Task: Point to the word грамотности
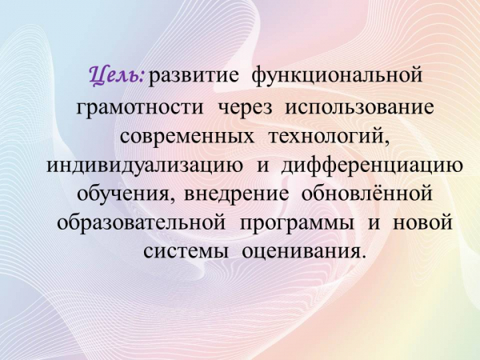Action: (x=139, y=108)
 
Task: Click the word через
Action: (x=246, y=108)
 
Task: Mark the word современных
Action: (x=186, y=137)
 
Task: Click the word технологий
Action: (x=330, y=136)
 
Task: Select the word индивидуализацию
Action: (x=146, y=166)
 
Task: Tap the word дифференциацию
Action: (x=372, y=166)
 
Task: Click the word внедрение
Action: (x=236, y=195)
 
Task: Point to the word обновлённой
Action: (x=366, y=193)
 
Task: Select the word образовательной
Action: (x=142, y=222)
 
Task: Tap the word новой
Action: (x=422, y=222)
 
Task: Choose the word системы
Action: (x=186, y=253)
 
